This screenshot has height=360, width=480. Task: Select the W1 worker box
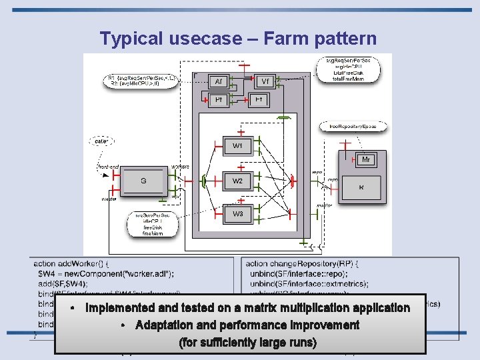tap(238, 146)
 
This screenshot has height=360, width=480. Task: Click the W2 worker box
tap(238, 181)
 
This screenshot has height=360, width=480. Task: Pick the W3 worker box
tap(238, 215)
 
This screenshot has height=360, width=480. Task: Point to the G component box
tap(143, 181)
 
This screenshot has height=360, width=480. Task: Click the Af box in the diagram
tap(217, 81)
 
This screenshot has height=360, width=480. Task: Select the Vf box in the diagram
tap(265, 81)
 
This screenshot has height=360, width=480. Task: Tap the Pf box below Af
tap(217, 99)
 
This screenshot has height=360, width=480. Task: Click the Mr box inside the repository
tap(366, 160)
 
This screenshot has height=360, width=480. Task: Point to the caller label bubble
tap(102, 141)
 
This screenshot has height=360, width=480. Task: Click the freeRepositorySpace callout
tap(353, 126)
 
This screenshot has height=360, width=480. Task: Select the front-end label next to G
tap(109, 167)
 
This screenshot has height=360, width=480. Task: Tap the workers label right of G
tap(180, 167)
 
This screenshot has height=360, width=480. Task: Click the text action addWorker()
tap(69, 263)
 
